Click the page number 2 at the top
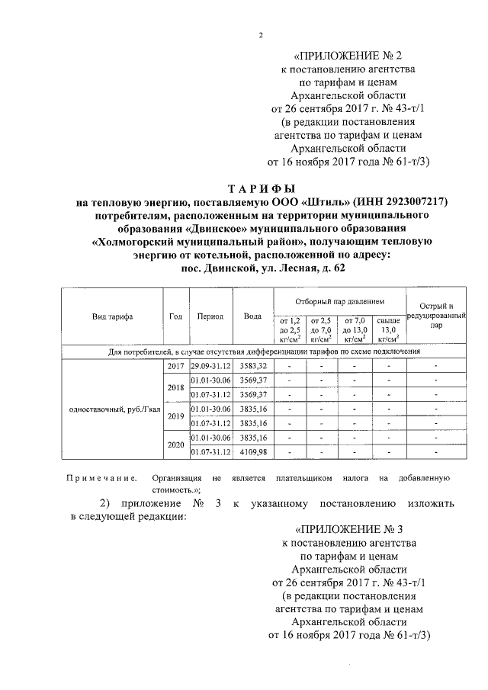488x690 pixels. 261,36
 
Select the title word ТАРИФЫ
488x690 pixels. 262,188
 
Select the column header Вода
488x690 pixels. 252,316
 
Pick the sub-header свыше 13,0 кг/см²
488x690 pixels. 388,329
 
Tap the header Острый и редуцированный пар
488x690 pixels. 435,315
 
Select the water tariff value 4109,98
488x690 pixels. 252,453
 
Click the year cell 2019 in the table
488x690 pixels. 175,416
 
